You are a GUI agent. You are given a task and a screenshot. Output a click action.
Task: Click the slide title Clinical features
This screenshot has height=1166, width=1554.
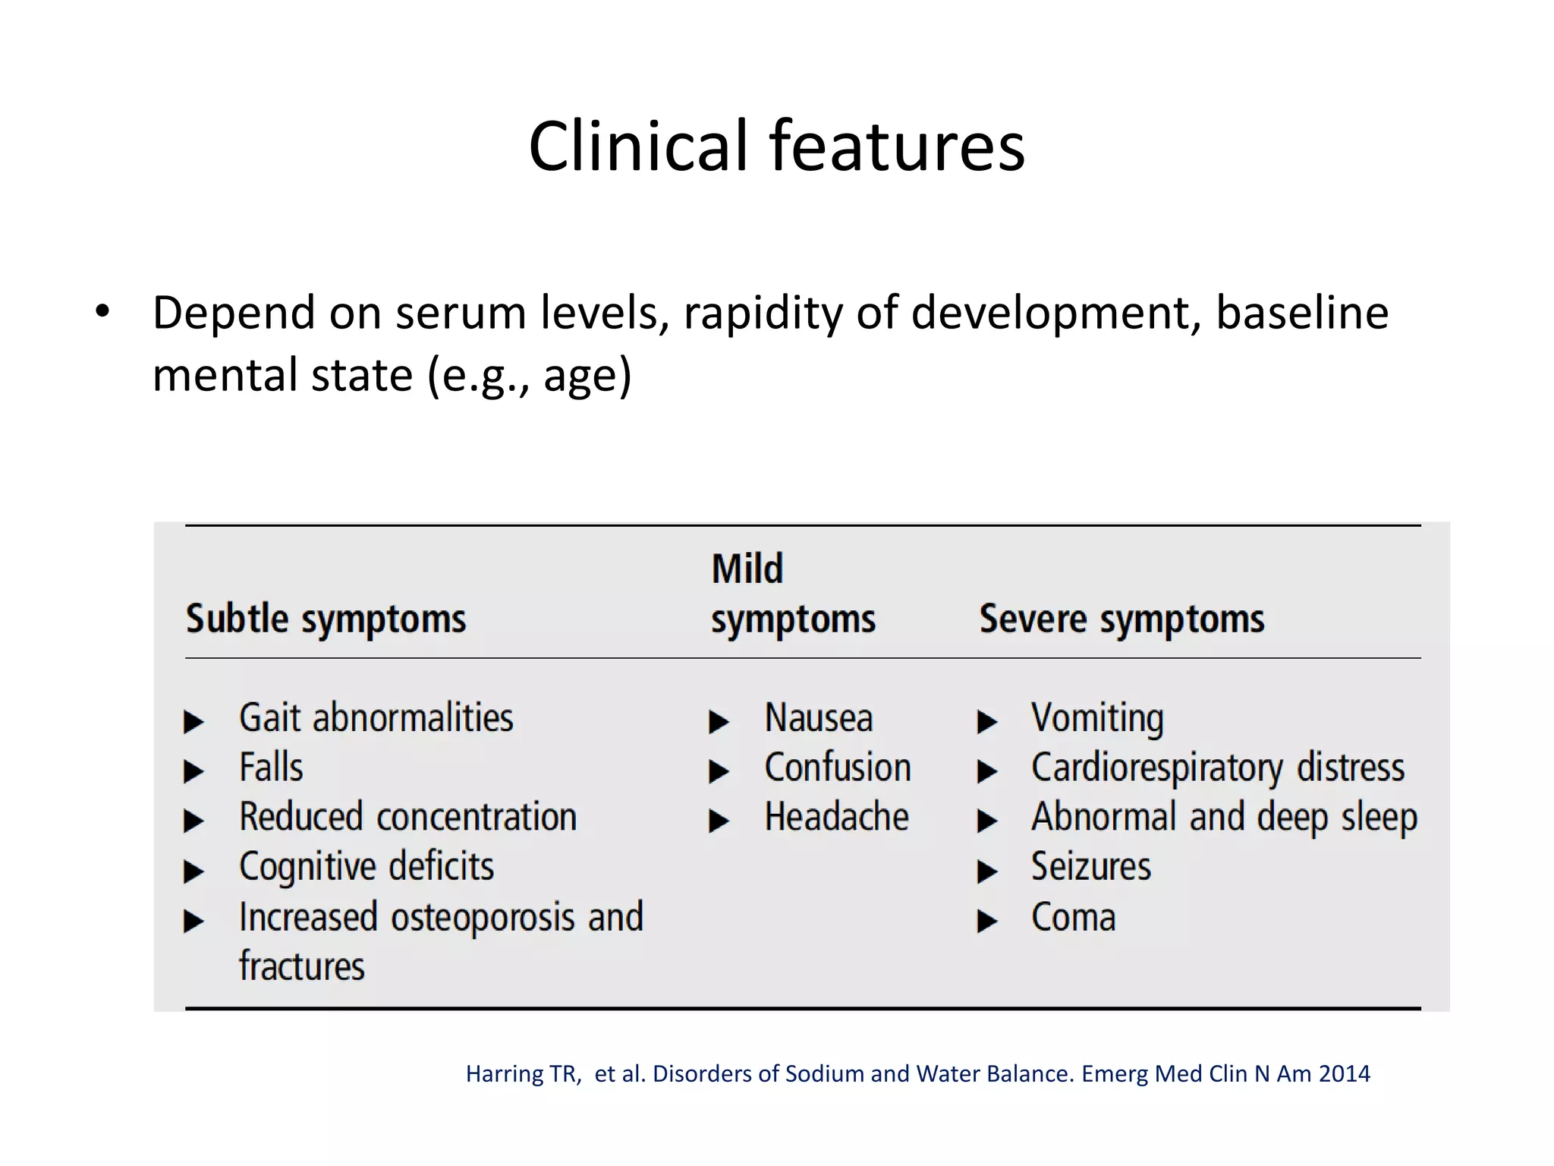(x=776, y=146)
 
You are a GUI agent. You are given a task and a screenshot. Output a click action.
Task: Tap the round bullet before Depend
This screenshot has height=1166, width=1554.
(x=103, y=311)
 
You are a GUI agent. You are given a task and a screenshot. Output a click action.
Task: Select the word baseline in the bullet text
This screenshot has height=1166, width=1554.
(x=1301, y=311)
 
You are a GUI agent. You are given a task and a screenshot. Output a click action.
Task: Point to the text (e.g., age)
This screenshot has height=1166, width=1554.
(x=529, y=376)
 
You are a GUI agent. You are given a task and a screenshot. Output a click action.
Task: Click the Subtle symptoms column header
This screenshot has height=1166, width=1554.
(x=326, y=619)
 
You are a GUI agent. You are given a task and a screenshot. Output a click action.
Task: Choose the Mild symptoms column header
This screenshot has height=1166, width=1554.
(x=792, y=594)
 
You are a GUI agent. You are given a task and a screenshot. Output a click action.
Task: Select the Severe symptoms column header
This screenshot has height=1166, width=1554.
(x=1121, y=619)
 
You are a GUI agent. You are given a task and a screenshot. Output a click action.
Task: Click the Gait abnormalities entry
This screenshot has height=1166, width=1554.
(x=376, y=718)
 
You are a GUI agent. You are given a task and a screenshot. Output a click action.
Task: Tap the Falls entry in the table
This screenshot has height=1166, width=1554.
(x=271, y=767)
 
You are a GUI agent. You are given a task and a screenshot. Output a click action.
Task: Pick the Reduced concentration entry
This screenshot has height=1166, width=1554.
(x=407, y=818)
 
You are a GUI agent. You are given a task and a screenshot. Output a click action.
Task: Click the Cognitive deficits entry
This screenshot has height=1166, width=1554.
(x=366, y=867)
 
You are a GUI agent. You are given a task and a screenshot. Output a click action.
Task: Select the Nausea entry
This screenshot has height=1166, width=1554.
(x=818, y=718)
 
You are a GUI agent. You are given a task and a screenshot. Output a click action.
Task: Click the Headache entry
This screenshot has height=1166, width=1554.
(x=836, y=818)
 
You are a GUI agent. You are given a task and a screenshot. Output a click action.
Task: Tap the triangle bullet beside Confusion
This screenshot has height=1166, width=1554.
(x=718, y=771)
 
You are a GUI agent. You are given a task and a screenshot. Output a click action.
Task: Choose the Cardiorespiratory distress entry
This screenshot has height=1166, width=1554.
(x=1217, y=767)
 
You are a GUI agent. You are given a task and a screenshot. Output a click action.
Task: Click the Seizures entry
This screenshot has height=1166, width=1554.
(x=1090, y=867)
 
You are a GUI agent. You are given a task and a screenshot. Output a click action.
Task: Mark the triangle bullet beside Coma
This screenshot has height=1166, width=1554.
(x=986, y=922)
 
